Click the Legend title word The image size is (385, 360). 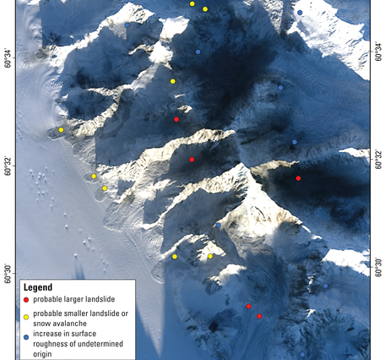click(x=39, y=287)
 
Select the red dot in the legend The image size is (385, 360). click(x=26, y=300)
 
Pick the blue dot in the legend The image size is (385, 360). click(x=26, y=336)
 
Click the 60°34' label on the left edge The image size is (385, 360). click(x=8, y=59)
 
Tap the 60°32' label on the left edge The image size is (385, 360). click(x=8, y=165)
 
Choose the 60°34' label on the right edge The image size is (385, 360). click(x=377, y=59)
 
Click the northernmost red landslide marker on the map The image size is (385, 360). click(x=176, y=119)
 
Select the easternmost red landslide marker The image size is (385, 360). click(x=299, y=178)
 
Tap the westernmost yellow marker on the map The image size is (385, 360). click(x=62, y=130)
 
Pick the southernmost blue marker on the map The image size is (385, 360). click(x=303, y=355)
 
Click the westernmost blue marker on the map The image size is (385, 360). click(x=127, y=25)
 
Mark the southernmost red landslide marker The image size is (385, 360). click(x=259, y=316)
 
